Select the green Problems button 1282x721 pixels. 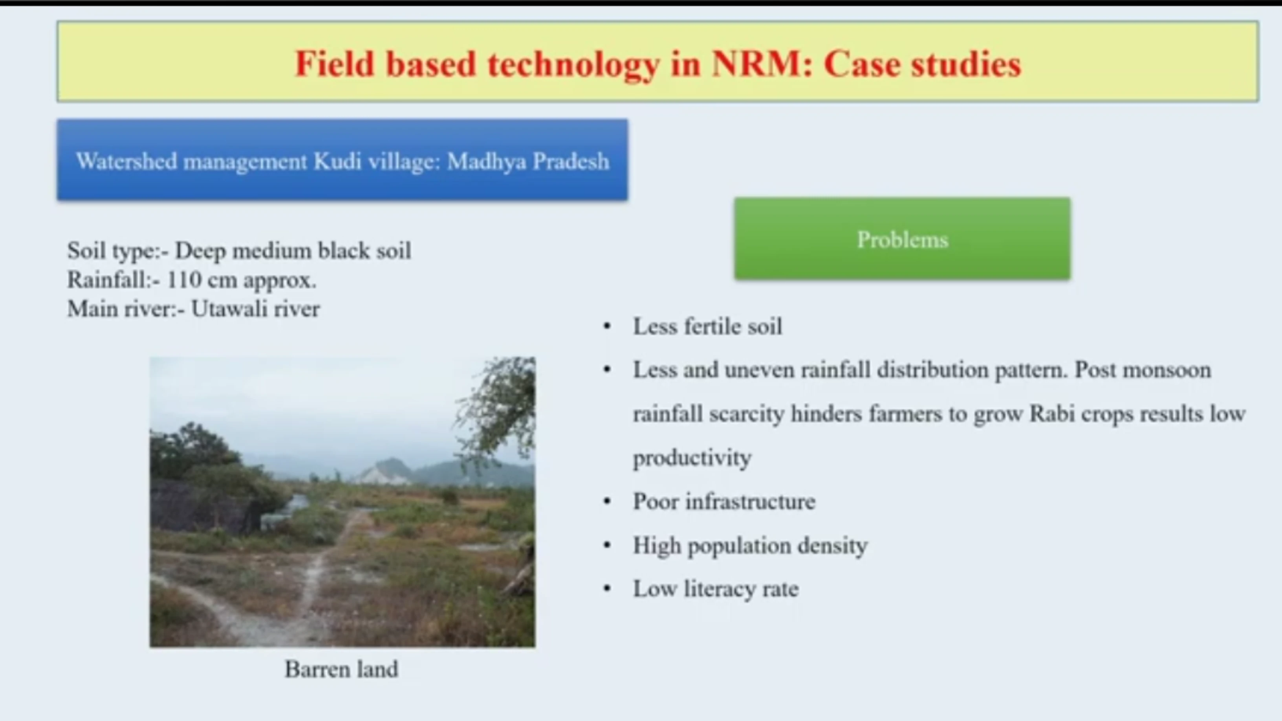pyautogui.click(x=902, y=239)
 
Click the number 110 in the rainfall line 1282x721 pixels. pyautogui.click(x=184, y=280)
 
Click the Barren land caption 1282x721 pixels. pyautogui.click(x=341, y=669)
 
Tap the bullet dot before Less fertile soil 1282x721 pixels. pyautogui.click(x=607, y=327)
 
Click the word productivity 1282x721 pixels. pyautogui.click(x=692, y=458)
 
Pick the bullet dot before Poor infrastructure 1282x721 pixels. pyautogui.click(x=607, y=501)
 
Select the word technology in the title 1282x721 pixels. pyautogui.click(x=573, y=65)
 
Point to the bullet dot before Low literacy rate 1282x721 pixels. pyautogui.click(x=607, y=589)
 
